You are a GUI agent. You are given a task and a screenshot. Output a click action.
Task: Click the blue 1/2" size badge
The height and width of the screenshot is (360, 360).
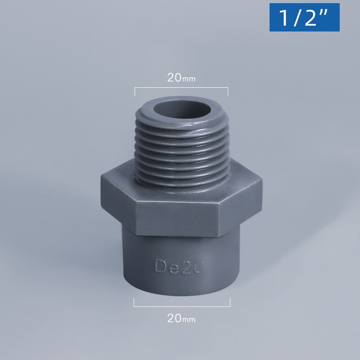pyautogui.click(x=304, y=18)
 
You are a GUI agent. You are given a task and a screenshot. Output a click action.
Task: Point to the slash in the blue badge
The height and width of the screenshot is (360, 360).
pyautogui.click(x=297, y=18)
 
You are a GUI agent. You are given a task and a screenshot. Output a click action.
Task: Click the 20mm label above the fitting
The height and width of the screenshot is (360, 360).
pyautogui.click(x=181, y=77)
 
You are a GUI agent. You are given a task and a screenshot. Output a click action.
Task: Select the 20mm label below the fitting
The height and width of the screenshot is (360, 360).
pyautogui.click(x=181, y=319)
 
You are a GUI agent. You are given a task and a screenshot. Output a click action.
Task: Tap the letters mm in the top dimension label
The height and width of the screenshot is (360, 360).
pyautogui.click(x=189, y=79)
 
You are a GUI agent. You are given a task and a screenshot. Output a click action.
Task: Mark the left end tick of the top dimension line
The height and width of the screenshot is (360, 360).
pyautogui.click(x=135, y=91)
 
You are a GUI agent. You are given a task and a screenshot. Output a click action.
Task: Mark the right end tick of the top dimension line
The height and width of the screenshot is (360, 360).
pyautogui.click(x=228, y=91)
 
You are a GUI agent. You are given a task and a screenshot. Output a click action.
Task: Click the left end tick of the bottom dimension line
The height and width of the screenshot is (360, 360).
pyautogui.click(x=134, y=302)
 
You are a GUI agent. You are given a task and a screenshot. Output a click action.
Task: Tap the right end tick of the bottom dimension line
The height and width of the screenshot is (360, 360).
pyautogui.click(x=230, y=302)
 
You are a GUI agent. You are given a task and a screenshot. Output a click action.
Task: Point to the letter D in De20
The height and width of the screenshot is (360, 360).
pyautogui.click(x=160, y=266)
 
